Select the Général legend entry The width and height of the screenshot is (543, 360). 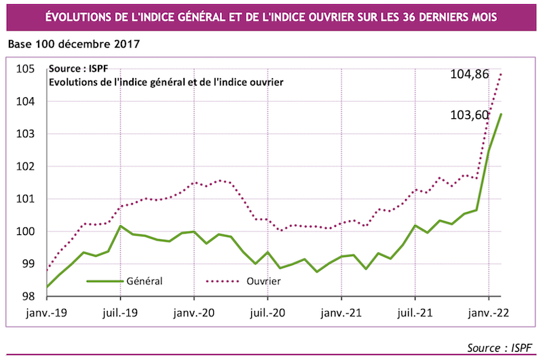click(145, 280)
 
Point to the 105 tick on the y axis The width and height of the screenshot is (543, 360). click(26, 69)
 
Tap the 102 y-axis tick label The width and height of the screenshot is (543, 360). click(26, 166)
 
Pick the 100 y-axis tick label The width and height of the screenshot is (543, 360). click(26, 232)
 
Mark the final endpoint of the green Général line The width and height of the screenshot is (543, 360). click(501, 114)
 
